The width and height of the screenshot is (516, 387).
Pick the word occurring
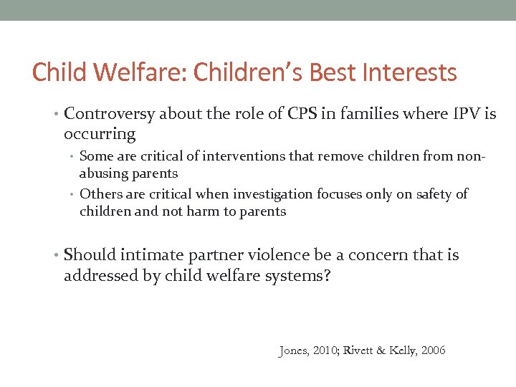[x=99, y=133]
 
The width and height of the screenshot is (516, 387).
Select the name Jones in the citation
[x=294, y=350]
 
